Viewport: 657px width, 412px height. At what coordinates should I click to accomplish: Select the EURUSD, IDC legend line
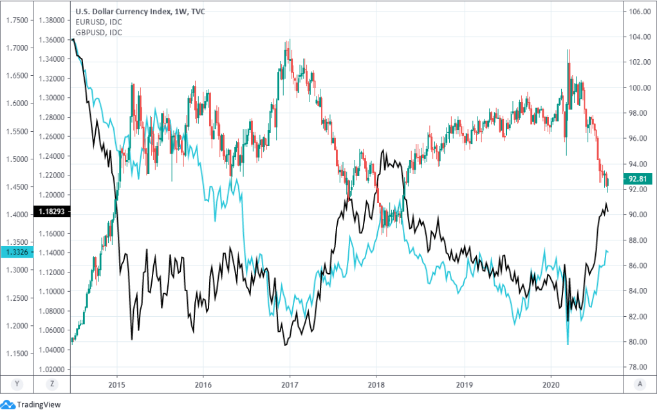[x=99, y=22]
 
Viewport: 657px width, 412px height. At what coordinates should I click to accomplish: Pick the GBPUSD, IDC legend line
[x=99, y=32]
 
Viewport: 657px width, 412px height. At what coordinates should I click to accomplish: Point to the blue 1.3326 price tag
[x=17, y=252]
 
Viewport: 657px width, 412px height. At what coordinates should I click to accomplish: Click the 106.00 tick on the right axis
[x=638, y=12]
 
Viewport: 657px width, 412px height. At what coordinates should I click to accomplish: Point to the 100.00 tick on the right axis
[x=638, y=87]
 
